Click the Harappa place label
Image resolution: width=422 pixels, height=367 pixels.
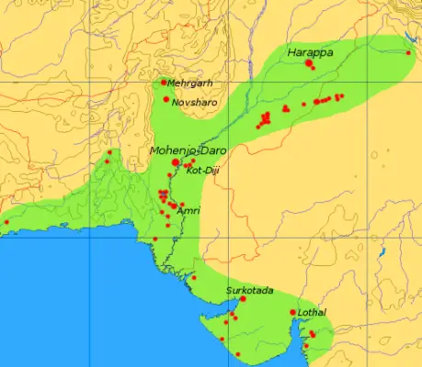point(309,53)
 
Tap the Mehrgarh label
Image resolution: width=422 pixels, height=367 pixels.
point(190,83)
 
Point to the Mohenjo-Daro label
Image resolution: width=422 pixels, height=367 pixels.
point(187,149)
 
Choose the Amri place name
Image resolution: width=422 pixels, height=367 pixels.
point(188,210)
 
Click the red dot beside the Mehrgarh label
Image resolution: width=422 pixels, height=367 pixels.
point(164,83)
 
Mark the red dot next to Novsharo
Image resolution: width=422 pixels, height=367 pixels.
point(166,99)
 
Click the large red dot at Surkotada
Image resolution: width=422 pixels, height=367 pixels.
point(243,299)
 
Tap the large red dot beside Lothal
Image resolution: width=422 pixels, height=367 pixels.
point(293,313)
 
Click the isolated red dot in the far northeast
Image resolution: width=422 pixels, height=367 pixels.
point(409,52)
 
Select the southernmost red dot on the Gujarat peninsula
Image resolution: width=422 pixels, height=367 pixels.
point(238,354)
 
